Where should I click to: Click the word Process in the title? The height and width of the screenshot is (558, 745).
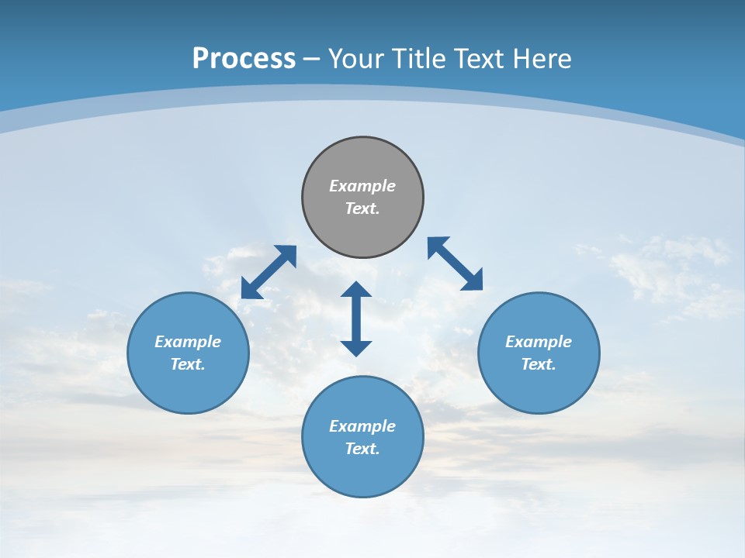point(244,59)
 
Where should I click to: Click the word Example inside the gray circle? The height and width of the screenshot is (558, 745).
point(362,186)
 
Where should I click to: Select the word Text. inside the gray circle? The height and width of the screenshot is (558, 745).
point(362,208)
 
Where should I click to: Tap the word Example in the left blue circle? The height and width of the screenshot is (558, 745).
point(188,342)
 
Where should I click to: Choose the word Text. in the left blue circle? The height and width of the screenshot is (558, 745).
point(188,364)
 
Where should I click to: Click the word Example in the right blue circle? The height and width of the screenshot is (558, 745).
point(539,342)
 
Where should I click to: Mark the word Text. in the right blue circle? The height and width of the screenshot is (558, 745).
point(539,364)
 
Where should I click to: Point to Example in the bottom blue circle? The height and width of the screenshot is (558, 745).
point(362,426)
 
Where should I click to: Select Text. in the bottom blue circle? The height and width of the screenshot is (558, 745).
point(362,449)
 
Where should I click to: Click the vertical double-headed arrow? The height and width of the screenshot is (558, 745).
point(356,319)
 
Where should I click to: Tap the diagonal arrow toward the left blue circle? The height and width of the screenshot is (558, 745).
point(269,272)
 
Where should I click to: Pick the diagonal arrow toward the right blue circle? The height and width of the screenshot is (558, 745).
point(455,263)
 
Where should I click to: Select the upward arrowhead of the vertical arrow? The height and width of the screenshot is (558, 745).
point(356,291)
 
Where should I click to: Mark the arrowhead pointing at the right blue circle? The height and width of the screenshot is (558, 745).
point(473,281)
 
